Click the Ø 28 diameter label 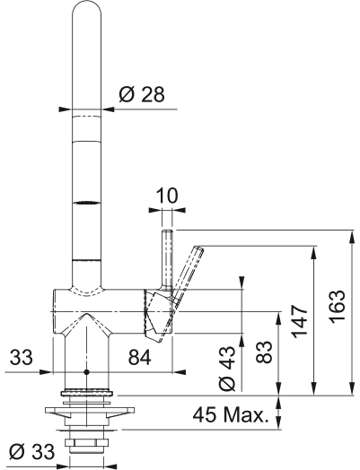(x=142, y=95)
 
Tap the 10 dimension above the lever (x=167, y=196)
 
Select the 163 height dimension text (x=338, y=307)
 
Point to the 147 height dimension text (x=301, y=322)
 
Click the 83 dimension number (x=264, y=352)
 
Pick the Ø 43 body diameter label (x=227, y=369)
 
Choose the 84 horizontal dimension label (x=139, y=357)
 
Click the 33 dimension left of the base (x=21, y=357)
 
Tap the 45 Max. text (x=230, y=415)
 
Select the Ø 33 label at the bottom (x=31, y=451)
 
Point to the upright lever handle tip (x=167, y=231)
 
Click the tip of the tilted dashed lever (x=199, y=248)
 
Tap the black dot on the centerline (x=87, y=372)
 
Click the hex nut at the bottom (x=87, y=443)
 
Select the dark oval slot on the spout (x=87, y=203)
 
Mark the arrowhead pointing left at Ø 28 (x=109, y=109)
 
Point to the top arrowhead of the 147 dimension (x=314, y=252)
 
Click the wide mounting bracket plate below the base (x=90, y=410)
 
